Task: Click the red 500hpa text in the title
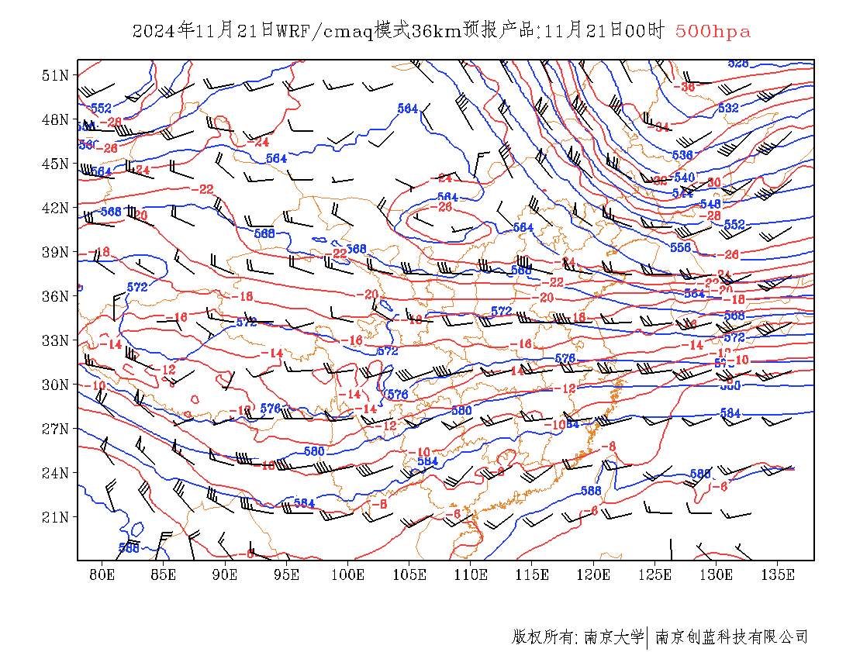tap(713, 32)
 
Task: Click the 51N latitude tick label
tap(56, 75)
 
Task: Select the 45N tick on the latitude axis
tap(56, 164)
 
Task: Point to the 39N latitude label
tap(56, 252)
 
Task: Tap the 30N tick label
tap(56, 385)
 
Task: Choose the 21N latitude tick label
tap(56, 517)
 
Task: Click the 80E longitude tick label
tap(102, 574)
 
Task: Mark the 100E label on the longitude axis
tap(348, 574)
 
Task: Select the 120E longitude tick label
tap(594, 574)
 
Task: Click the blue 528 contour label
tap(738, 64)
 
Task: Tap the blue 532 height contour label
tap(728, 109)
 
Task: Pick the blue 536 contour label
tap(682, 156)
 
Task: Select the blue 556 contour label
tap(680, 247)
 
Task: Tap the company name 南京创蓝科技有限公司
tap(732, 637)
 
